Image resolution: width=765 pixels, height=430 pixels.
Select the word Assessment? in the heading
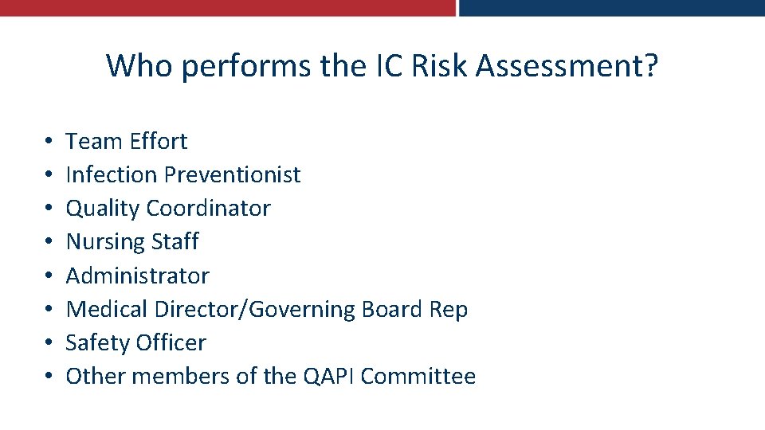pyautogui.click(x=567, y=66)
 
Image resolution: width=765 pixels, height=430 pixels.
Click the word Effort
pyautogui.click(x=158, y=142)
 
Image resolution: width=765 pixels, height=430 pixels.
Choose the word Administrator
pyautogui.click(x=137, y=276)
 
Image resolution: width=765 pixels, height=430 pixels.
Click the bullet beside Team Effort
pyautogui.click(x=49, y=143)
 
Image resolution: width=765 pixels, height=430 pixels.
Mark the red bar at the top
pyautogui.click(x=227, y=8)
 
